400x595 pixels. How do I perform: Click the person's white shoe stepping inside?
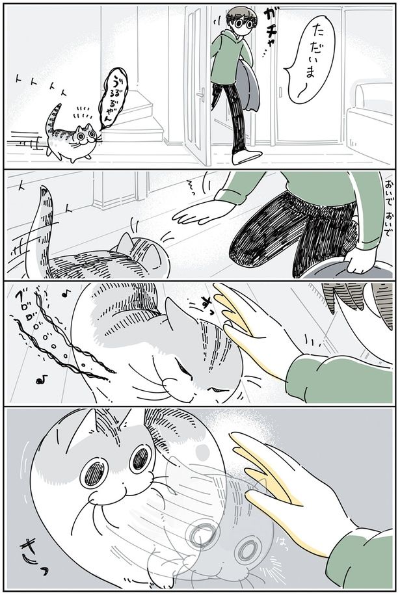247,157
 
